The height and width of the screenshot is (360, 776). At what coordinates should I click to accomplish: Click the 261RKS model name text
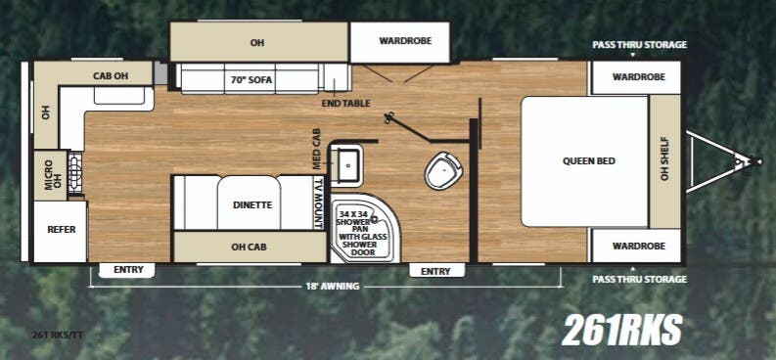point(621,329)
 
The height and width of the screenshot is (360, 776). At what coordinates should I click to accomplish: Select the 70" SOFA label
point(251,78)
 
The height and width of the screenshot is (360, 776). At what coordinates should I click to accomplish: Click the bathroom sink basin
point(347,163)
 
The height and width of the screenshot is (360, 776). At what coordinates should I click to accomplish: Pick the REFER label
point(61,230)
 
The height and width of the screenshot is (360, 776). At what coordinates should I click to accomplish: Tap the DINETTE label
point(251,205)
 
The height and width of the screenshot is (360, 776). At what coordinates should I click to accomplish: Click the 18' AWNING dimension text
point(331,286)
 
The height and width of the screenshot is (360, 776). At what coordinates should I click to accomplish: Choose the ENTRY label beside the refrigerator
point(128,270)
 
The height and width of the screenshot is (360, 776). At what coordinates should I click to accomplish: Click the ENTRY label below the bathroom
point(436,270)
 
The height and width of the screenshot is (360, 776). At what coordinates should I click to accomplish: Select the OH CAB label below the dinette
point(251,247)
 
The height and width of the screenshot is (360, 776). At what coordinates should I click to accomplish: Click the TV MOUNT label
point(318,204)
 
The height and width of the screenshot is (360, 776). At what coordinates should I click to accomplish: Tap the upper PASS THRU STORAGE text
point(639,45)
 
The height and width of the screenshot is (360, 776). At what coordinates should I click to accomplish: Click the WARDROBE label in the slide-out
point(398,41)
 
